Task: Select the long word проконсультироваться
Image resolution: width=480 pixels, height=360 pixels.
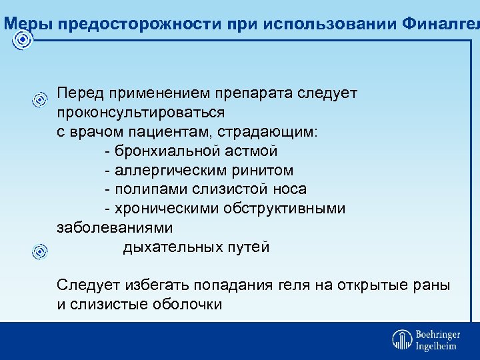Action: tap(141, 112)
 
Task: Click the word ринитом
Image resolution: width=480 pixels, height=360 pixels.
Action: tap(261, 170)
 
